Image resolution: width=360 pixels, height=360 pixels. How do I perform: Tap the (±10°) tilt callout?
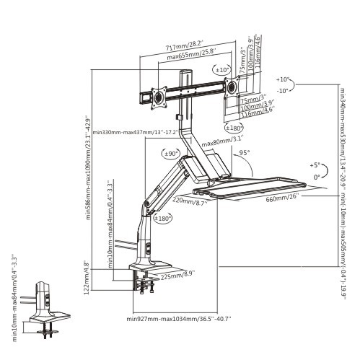tap(221, 71)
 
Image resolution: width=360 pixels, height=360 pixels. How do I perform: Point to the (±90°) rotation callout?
tap(171, 154)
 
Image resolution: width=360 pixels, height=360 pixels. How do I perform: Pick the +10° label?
tap(282, 79)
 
